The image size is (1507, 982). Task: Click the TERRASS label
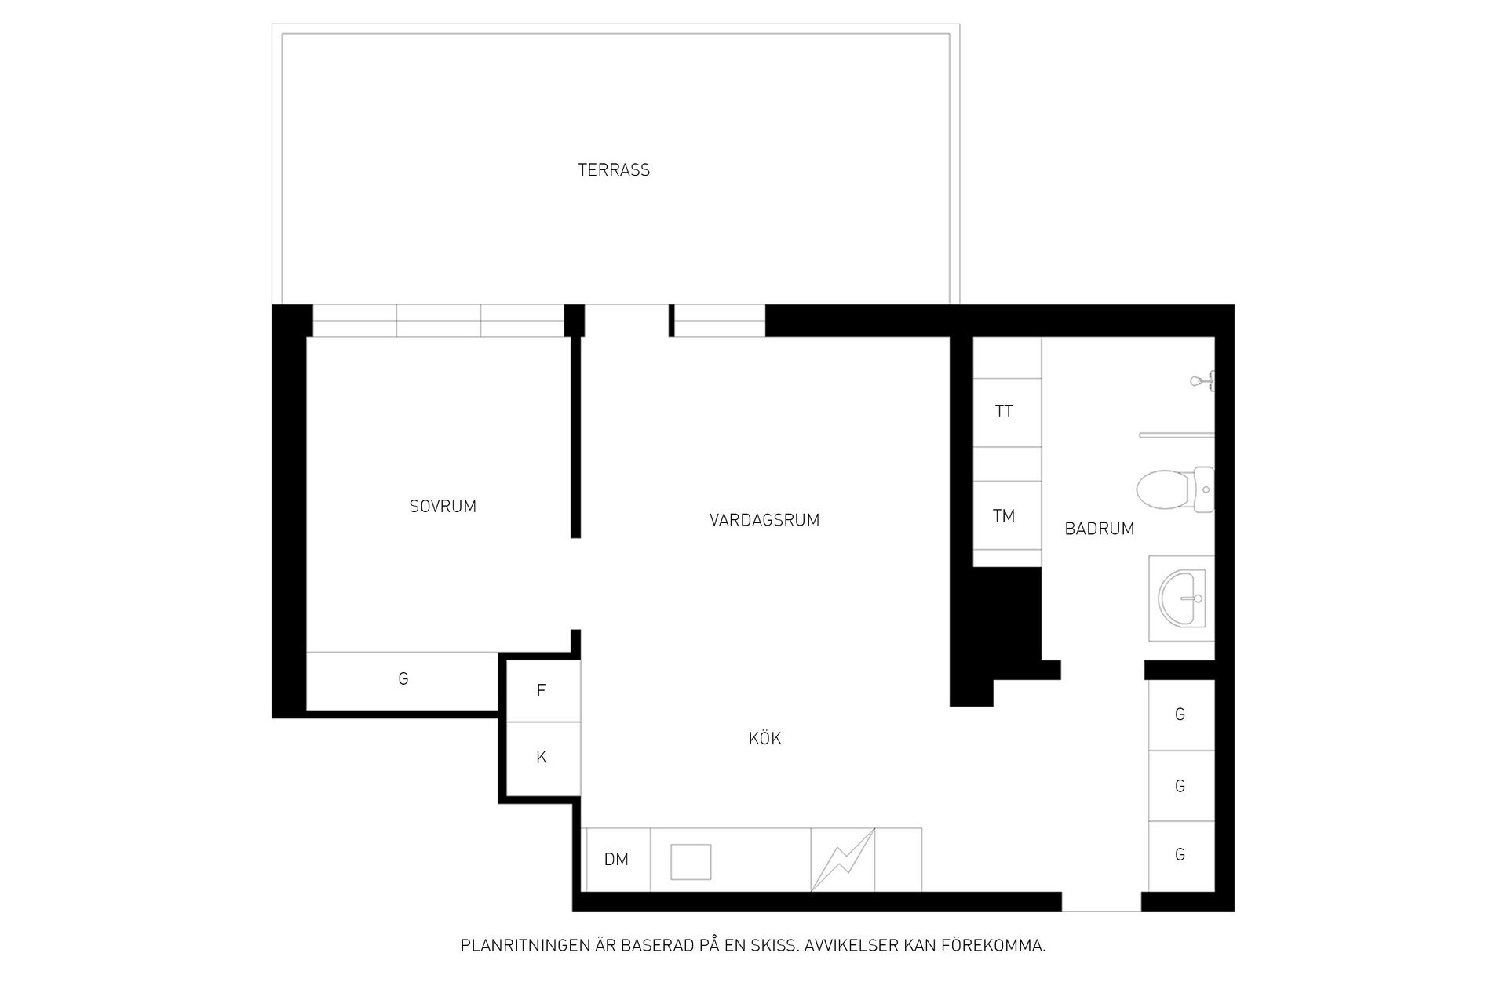614,170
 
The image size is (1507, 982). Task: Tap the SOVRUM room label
443,507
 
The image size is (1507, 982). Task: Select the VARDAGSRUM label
764,520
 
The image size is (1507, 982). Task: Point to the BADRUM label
1099,529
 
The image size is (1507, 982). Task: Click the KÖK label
765,738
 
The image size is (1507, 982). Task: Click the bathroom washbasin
1181,598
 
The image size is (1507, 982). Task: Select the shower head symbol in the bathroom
1202,381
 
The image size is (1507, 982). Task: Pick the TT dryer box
1007,413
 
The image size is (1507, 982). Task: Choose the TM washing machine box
1007,515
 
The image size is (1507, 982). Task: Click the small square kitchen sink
691,862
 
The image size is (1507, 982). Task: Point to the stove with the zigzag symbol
843,860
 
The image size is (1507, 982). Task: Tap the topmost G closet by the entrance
1181,715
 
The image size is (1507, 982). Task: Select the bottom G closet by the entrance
1181,856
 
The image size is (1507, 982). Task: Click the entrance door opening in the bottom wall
1101,902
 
